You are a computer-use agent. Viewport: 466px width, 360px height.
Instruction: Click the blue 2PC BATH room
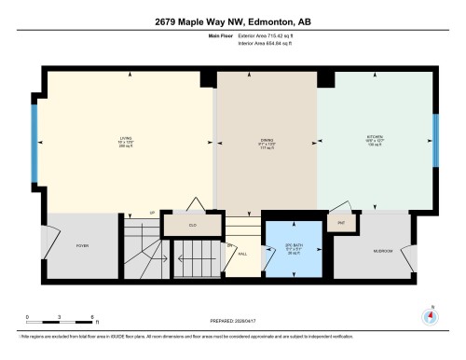click(x=293, y=248)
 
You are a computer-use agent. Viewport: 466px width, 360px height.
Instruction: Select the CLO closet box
click(x=192, y=225)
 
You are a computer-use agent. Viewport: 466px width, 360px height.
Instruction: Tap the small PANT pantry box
click(x=341, y=224)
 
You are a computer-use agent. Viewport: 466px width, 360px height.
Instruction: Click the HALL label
click(x=241, y=252)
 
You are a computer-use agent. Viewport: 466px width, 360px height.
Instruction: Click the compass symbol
click(x=430, y=315)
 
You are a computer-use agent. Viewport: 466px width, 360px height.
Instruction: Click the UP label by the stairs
click(x=151, y=214)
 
